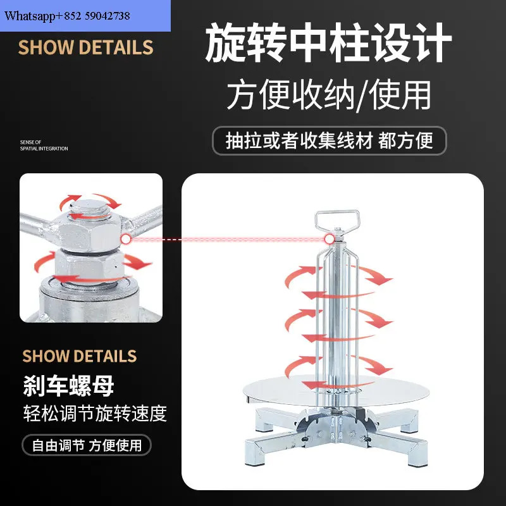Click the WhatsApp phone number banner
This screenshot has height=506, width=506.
pos(85,16)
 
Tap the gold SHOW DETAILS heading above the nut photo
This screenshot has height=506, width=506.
pos(85,47)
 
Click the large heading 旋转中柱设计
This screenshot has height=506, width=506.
pos(328,42)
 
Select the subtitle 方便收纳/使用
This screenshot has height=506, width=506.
pos(329,95)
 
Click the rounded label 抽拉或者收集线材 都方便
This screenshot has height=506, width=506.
pos(329,140)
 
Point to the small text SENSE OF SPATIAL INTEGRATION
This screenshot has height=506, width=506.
pos(44,145)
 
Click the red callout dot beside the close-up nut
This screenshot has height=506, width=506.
pos(126,239)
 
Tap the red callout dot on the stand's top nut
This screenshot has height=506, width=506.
pos(329,239)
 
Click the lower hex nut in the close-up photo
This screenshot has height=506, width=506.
pos(89,266)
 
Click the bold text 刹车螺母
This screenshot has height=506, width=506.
pos(68,386)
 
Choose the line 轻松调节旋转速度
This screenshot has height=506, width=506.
pos(95,414)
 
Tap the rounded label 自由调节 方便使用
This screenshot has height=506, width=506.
pos(87,445)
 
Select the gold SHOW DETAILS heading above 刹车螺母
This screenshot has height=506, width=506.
pos(80,356)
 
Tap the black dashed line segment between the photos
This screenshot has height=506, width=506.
pos(172,240)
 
